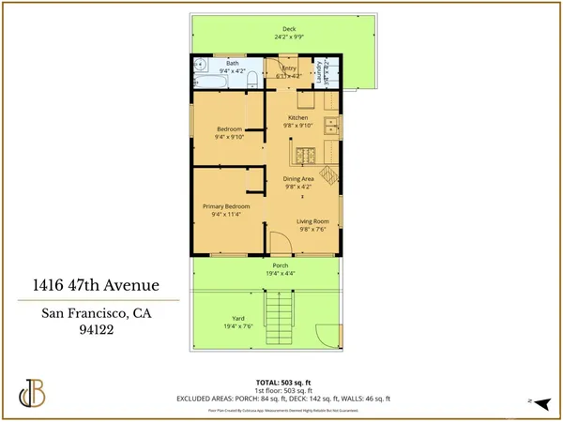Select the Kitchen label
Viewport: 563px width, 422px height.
tap(298, 118)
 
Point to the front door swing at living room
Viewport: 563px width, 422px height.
tap(279, 245)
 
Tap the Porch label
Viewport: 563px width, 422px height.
tap(281, 266)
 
